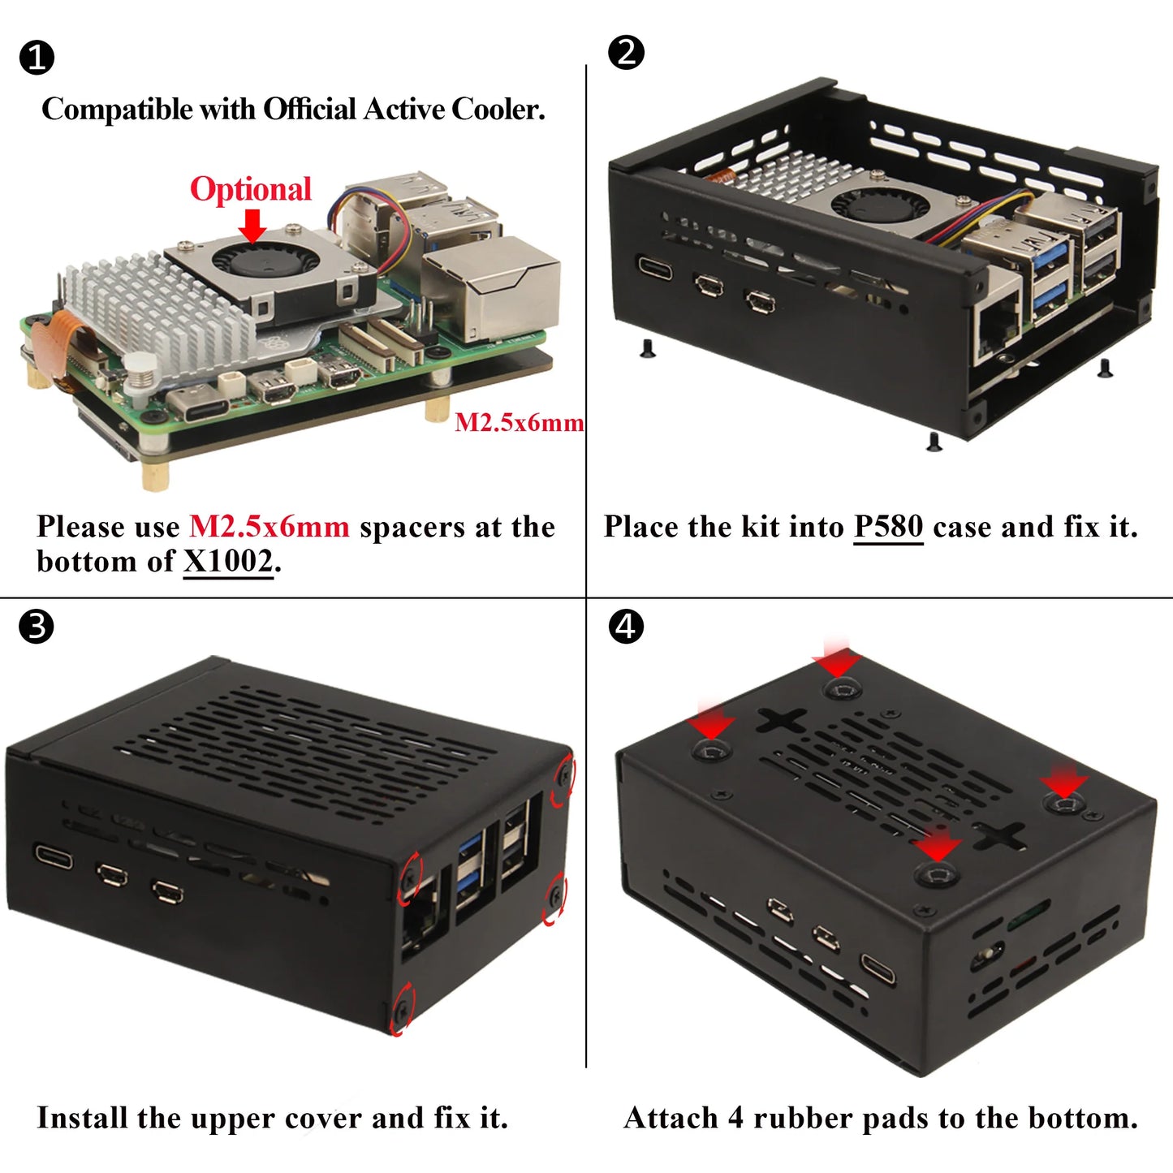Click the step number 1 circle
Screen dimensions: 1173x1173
click(x=36, y=58)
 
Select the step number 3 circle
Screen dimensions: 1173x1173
click(x=36, y=627)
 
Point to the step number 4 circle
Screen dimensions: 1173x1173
click(x=626, y=627)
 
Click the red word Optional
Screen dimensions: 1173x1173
click(x=250, y=189)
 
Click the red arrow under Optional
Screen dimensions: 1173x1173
click(x=252, y=225)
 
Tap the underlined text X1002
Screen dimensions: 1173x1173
click(x=228, y=562)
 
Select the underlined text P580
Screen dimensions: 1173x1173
click(x=888, y=527)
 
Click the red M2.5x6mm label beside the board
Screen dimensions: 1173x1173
click(x=519, y=422)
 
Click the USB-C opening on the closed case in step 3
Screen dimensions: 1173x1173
click(x=53, y=856)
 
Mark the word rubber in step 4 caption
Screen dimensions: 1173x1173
click(x=802, y=1118)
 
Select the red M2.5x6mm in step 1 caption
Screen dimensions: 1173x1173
click(x=269, y=527)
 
